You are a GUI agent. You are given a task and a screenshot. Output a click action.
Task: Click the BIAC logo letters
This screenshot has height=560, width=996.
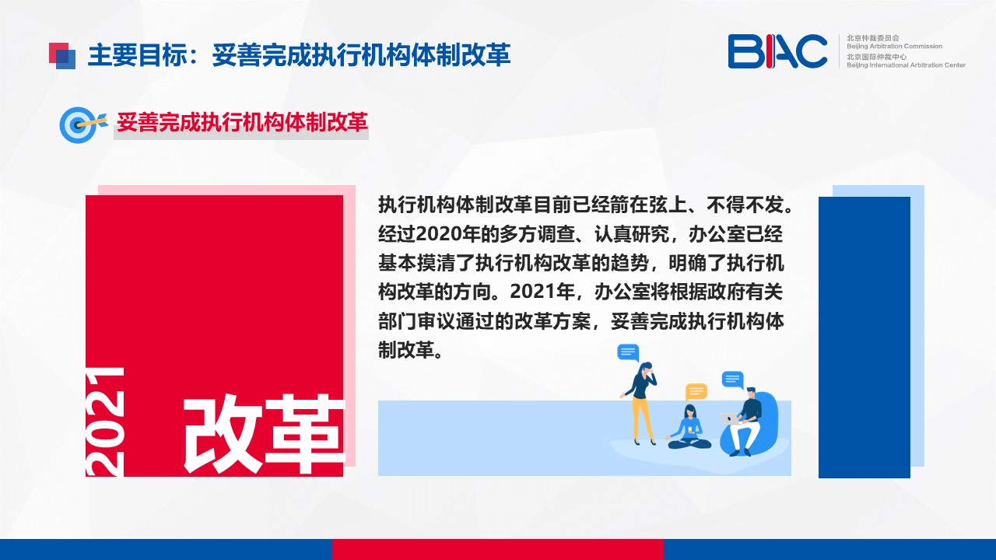click(x=777, y=51)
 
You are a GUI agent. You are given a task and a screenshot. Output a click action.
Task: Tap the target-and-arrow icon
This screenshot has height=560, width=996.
click(x=83, y=125)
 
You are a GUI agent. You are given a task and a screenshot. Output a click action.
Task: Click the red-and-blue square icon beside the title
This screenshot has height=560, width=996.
click(x=62, y=56)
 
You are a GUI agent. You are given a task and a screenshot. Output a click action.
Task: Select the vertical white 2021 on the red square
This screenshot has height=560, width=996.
click(x=105, y=422)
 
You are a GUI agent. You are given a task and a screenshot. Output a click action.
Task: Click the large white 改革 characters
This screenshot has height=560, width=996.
click(x=264, y=434)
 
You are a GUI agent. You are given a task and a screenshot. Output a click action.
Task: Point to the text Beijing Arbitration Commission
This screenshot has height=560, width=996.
click(x=894, y=46)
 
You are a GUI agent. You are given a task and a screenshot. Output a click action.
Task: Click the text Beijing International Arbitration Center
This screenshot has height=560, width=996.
click(x=906, y=65)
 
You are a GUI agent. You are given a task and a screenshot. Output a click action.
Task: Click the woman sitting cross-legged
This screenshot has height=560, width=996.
click(x=689, y=427)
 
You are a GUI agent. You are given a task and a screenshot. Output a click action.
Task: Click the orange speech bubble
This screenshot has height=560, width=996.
click(x=696, y=392)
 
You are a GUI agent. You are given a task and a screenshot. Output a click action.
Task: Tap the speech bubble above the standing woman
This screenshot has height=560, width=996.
click(x=628, y=353)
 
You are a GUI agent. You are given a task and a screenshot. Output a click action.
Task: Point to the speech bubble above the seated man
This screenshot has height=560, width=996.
click(x=733, y=380)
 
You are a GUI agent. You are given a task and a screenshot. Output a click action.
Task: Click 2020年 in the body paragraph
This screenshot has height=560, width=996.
click(x=447, y=234)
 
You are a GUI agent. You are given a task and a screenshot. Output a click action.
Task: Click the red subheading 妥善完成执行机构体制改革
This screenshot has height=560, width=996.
click(x=242, y=122)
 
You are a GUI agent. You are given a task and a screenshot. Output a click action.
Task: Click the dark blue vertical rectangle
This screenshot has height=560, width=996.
click(x=864, y=338)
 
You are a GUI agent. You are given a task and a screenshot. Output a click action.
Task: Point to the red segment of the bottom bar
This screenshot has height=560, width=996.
click(x=497, y=549)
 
